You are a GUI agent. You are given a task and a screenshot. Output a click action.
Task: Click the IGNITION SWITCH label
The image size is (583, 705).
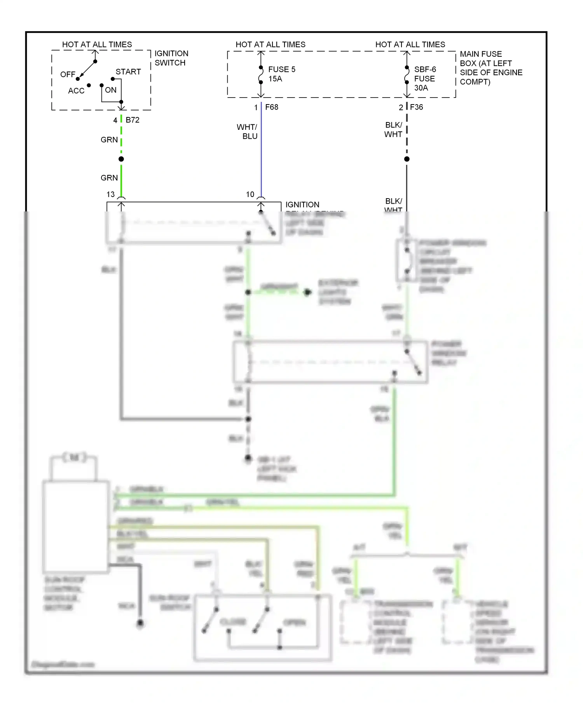click(171, 58)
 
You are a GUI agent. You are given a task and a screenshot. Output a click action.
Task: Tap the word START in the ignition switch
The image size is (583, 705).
click(128, 72)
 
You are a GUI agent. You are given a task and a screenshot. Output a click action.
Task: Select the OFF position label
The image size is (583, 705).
click(68, 74)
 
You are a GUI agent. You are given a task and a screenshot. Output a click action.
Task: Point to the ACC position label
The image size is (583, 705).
click(76, 91)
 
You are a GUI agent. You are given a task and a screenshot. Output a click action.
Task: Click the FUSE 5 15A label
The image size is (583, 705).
click(281, 74)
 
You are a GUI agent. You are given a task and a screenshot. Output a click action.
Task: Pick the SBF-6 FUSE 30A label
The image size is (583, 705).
click(424, 79)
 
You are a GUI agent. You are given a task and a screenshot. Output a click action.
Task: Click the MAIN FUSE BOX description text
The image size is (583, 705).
click(490, 68)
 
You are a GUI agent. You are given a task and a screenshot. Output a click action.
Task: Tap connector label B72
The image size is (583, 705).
click(133, 120)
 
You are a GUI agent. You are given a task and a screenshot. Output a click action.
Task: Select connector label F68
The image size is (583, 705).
click(272, 107)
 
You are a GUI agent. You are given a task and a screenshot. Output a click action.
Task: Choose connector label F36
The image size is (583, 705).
click(416, 107)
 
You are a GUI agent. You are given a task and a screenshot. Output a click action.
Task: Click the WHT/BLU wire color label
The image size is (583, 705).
click(248, 132)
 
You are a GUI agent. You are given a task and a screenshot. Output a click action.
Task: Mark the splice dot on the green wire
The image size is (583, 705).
click(121, 159)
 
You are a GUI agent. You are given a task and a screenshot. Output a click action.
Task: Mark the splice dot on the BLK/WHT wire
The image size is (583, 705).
click(407, 159)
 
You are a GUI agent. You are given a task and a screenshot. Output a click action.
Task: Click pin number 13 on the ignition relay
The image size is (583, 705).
click(111, 194)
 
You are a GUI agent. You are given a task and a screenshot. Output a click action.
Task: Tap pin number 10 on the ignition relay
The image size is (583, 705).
click(250, 194)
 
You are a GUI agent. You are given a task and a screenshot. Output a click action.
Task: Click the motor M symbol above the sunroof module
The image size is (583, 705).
click(74, 457)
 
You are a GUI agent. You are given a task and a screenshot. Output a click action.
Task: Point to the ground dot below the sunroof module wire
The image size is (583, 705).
click(140, 624)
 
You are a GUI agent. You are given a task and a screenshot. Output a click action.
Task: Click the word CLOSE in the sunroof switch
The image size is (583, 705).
click(233, 622)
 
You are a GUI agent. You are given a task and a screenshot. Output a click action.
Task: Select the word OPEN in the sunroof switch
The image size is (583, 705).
click(294, 623)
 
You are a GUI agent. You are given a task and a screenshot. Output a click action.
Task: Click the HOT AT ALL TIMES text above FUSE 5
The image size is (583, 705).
click(271, 45)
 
